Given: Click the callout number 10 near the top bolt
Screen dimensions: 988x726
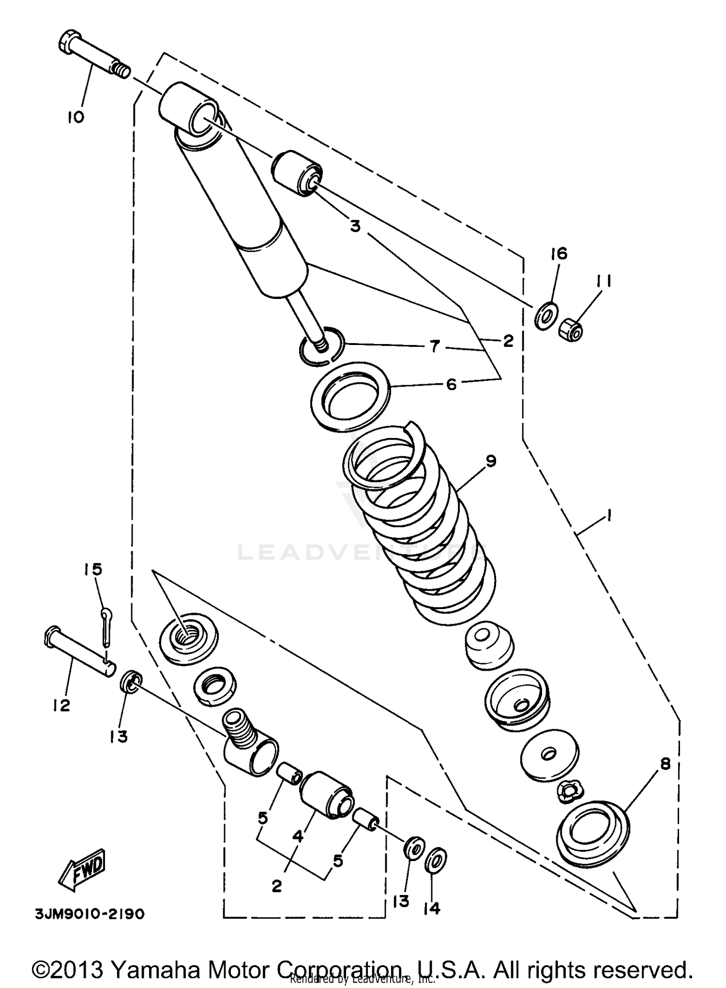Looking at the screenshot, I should (x=76, y=117).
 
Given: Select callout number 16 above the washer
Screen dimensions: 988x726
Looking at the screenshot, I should (x=559, y=253).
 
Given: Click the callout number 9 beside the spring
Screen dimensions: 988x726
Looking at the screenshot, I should (x=490, y=461).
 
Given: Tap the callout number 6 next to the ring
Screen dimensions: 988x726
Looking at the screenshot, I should (x=451, y=384).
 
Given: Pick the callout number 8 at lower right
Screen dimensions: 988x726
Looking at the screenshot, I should (x=665, y=765).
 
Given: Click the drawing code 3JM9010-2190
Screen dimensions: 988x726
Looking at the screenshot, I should (x=90, y=914).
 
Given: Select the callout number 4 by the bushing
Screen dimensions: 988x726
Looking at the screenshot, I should (x=297, y=836).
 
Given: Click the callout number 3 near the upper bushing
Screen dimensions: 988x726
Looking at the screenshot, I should (x=355, y=226).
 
